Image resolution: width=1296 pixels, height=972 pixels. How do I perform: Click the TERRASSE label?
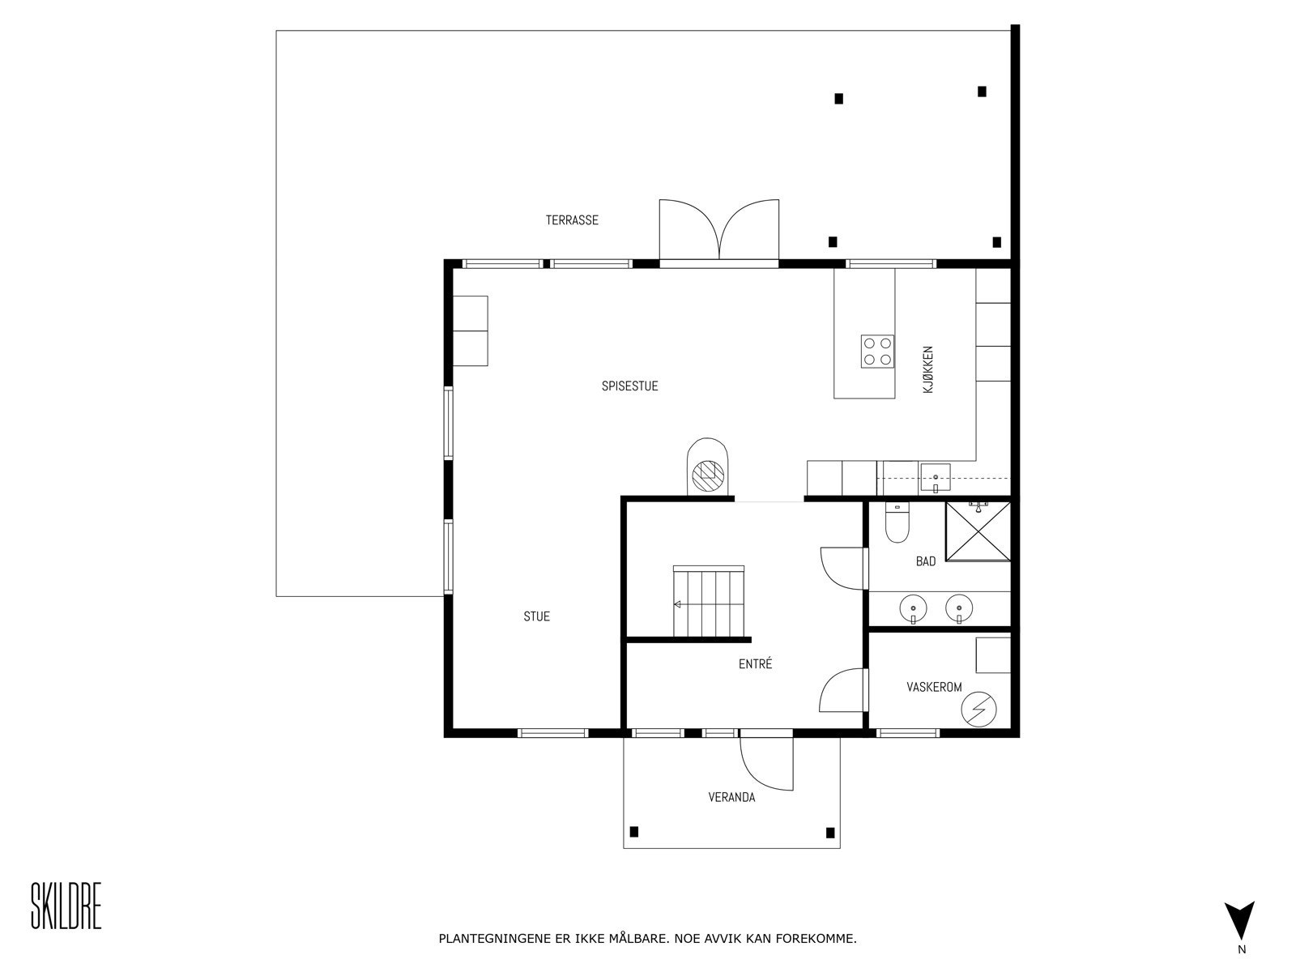(572, 220)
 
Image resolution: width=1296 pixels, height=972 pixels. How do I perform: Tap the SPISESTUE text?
(629, 386)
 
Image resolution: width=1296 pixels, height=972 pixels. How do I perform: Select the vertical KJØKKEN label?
(927, 369)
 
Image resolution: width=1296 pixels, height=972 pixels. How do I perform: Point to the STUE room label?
(536, 616)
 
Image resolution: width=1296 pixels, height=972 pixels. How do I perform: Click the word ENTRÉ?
(755, 664)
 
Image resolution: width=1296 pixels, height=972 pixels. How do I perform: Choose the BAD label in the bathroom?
(926, 561)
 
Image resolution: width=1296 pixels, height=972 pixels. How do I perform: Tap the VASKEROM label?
(934, 687)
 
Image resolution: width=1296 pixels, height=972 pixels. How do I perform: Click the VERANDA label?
(731, 797)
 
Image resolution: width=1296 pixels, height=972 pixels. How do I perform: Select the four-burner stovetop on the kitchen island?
(877, 352)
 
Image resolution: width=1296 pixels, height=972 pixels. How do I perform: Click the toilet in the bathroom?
(897, 522)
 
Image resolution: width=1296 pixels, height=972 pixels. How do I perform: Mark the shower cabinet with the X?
(978, 531)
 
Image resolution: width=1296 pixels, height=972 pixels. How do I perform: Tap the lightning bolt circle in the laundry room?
(979, 709)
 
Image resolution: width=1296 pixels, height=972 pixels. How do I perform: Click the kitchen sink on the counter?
(936, 479)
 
